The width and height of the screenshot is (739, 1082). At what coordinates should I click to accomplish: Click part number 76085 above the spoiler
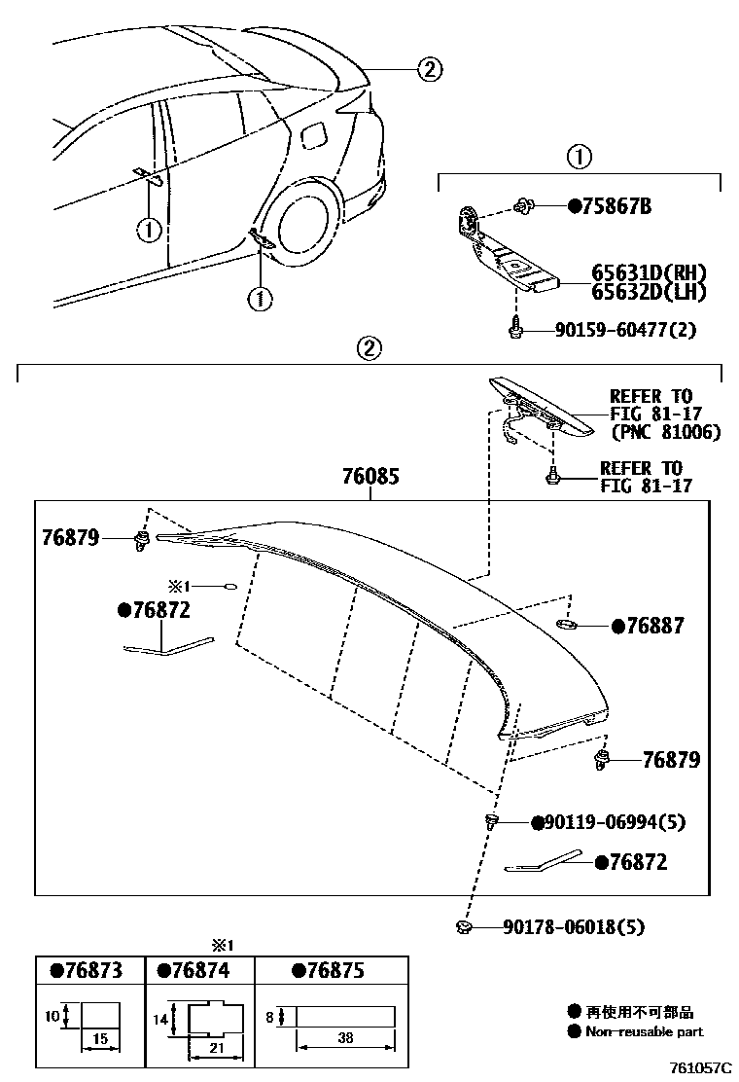370,478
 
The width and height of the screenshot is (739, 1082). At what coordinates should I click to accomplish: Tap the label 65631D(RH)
649,273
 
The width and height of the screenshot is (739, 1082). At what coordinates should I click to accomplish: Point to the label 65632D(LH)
649,291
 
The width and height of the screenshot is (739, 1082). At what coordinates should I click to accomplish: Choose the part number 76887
653,627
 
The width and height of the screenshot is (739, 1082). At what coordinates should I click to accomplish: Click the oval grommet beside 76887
568,623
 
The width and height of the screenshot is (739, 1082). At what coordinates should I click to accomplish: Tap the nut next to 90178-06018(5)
463,927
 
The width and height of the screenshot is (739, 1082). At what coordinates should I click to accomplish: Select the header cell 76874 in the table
200,971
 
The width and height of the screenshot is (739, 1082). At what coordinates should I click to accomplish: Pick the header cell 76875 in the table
330,971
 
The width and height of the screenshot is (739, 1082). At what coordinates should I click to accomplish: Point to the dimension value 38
346,1038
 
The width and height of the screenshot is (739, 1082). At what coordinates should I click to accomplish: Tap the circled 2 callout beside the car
430,68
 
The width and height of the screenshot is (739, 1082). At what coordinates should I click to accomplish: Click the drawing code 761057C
697,1067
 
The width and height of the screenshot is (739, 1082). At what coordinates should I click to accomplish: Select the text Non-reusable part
643,1031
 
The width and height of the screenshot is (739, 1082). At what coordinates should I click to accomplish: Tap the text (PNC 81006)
665,431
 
